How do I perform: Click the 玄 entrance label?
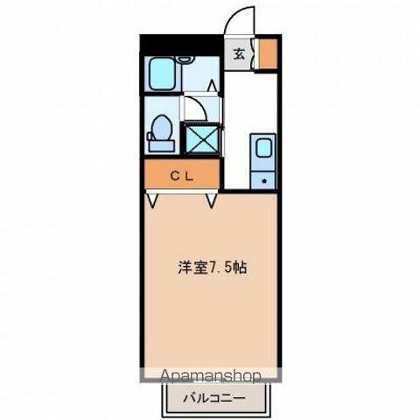[x=239, y=54]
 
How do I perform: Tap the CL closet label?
[x=181, y=176]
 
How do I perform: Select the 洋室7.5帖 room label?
[x=213, y=267]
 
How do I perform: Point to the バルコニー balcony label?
[x=214, y=398]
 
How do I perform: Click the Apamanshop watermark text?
[x=211, y=376]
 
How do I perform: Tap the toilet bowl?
[x=162, y=128]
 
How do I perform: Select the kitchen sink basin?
[x=263, y=148]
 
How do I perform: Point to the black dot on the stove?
[x=264, y=181]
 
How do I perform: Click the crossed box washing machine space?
[x=202, y=138]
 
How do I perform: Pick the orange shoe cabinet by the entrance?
[x=268, y=53]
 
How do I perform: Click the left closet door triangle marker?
[x=152, y=201]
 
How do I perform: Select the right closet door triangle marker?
[x=212, y=201]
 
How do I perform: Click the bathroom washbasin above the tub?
[x=185, y=59]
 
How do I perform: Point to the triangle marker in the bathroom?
[x=213, y=86]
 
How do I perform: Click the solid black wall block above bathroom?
[x=182, y=45]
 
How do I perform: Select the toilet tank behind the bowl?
[x=161, y=145]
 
